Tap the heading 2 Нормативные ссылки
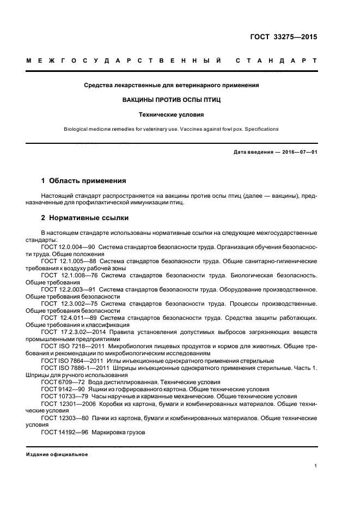(x=86, y=218)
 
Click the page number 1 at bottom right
(x=315, y=466)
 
